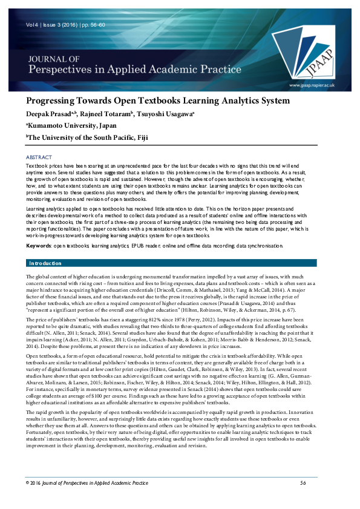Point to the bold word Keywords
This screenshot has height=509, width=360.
pyautogui.click(x=38, y=247)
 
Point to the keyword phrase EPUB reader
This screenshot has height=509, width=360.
pyautogui.click(x=147, y=247)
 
